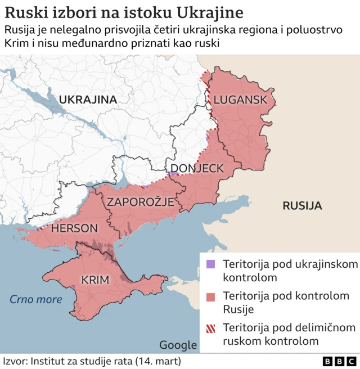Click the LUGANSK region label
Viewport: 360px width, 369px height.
tap(240, 100)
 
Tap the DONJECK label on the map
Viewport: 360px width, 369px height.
tap(197, 168)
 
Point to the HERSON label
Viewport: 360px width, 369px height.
tap(74, 228)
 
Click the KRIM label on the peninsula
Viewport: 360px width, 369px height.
tap(96, 280)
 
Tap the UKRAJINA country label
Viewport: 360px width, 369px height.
tap(88, 100)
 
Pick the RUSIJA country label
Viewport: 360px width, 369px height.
tap(302, 206)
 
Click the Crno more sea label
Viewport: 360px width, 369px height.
tap(35, 299)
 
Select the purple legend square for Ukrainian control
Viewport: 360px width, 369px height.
tap(211, 264)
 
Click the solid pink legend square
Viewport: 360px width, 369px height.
tap(211, 296)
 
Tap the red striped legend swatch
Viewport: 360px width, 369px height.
tap(211, 328)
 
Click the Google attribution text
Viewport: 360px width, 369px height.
tap(178, 345)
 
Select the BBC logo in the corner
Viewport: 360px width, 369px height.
tap(339, 361)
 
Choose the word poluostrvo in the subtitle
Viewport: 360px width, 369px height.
tap(316, 29)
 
